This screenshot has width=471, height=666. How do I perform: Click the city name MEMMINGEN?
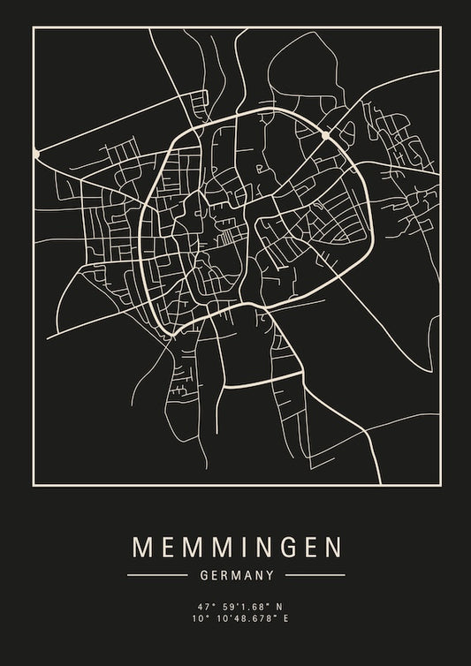236,547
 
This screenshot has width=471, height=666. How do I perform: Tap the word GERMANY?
236,575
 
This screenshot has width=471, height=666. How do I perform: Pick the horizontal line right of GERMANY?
315,575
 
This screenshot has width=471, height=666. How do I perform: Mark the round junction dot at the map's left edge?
36,153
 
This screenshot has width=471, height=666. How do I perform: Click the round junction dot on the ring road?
326,136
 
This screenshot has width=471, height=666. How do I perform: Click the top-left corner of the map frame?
33,27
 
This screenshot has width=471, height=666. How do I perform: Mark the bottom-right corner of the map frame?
439,484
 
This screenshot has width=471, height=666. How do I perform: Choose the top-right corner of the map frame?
439,27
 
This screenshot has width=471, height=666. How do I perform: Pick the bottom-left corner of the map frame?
33,484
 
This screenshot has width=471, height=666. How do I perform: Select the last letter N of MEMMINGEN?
331,547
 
